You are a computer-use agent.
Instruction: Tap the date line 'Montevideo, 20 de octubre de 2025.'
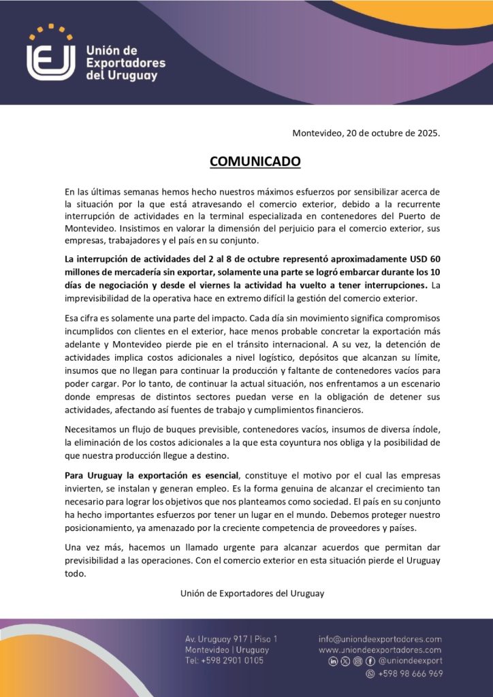(366, 133)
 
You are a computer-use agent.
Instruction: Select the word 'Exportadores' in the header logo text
(125, 63)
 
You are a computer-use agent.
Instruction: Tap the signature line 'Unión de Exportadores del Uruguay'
(252, 593)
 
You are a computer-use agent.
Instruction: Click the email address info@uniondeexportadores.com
(380, 639)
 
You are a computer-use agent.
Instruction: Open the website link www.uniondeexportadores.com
(380, 650)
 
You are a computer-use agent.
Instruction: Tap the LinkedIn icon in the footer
(333, 661)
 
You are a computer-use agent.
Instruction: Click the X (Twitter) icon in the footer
(345, 661)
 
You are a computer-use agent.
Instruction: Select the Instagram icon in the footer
(357, 661)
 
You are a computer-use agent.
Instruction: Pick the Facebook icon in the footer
(370, 661)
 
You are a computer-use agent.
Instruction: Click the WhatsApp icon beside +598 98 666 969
(370, 674)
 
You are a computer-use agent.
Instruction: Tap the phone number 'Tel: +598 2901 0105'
(224, 661)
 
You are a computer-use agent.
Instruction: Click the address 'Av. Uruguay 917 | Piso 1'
(231, 639)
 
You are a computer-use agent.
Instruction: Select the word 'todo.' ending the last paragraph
(76, 573)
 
